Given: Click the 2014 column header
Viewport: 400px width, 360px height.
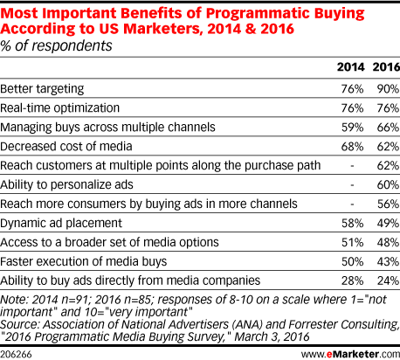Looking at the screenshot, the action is (x=350, y=67).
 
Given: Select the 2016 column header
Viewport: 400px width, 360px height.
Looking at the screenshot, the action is (x=386, y=67).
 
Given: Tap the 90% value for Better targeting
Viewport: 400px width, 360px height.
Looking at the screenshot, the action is (x=388, y=89).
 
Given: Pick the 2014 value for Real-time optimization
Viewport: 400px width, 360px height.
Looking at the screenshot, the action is (x=352, y=108).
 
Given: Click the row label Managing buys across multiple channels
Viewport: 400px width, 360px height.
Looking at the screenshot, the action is (x=107, y=128).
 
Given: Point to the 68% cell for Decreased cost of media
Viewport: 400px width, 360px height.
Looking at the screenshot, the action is (x=352, y=147).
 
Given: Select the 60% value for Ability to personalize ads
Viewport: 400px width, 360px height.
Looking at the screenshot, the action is (x=388, y=185).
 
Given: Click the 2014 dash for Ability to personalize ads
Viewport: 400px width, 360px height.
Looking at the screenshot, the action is (x=352, y=185).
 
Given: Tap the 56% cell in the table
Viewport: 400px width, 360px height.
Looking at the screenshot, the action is (x=388, y=204).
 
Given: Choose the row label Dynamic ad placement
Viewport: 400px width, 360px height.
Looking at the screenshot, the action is (x=61, y=224).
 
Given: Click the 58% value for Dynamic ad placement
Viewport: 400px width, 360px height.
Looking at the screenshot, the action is (x=352, y=224).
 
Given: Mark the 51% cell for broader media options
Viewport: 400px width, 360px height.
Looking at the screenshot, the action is (x=352, y=243).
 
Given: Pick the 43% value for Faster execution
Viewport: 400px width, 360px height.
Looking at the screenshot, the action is (x=388, y=261).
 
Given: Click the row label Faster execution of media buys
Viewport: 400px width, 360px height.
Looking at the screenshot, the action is (x=84, y=261).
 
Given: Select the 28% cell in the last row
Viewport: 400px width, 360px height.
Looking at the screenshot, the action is (x=352, y=280).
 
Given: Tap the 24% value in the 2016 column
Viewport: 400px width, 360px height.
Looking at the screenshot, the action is (x=388, y=280).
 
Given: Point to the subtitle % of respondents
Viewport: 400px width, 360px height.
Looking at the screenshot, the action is (x=56, y=46).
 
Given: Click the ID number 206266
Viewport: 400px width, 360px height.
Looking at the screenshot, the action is (x=16, y=355).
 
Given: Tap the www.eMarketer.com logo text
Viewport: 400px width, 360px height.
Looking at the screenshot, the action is (x=350, y=354).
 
